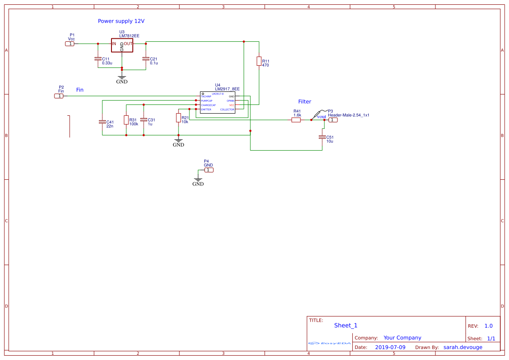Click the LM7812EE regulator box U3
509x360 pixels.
pos(122,46)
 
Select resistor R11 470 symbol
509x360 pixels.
pos(259,61)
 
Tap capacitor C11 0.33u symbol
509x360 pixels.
pos(98,59)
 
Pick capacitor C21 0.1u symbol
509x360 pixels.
pos(146,59)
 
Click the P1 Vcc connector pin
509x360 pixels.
pos(70,44)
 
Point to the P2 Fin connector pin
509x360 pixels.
pos(59,96)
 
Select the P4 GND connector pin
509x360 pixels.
pos(209,170)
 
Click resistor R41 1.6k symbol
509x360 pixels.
pos(296,120)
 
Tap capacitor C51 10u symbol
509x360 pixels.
pos(322,137)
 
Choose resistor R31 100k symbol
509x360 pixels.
pos(126,120)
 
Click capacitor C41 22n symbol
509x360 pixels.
pos(102,122)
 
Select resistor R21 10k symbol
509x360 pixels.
pos(179,118)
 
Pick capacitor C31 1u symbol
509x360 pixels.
pos(144,120)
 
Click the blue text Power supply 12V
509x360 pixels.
pos(121,21)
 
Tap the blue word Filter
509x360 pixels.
pos(304,101)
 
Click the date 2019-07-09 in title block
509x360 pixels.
pos(390,347)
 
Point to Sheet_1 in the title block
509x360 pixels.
pos(346,325)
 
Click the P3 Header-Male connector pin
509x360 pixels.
pos(332,120)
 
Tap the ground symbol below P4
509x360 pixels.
pos(198,180)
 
